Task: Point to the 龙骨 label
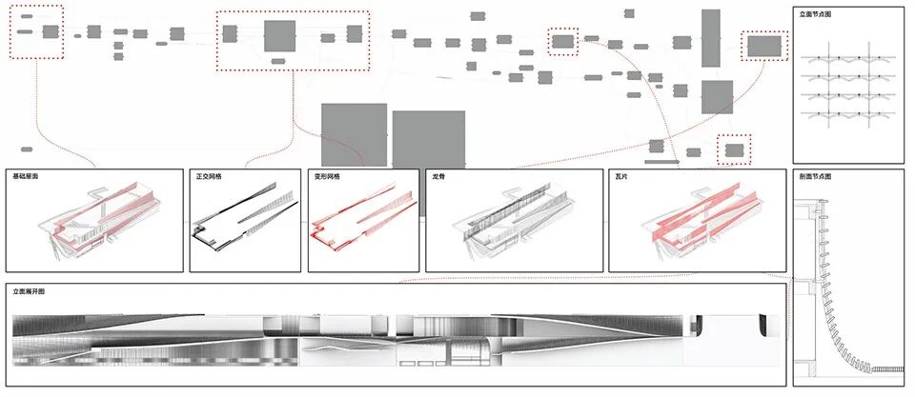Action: (438, 177)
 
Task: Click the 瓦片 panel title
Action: (621, 177)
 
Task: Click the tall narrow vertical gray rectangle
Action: (711, 38)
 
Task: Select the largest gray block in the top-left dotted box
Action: (51, 31)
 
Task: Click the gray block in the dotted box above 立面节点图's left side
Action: (763, 46)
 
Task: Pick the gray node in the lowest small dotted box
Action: (734, 149)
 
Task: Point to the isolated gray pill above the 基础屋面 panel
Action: (25, 149)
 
